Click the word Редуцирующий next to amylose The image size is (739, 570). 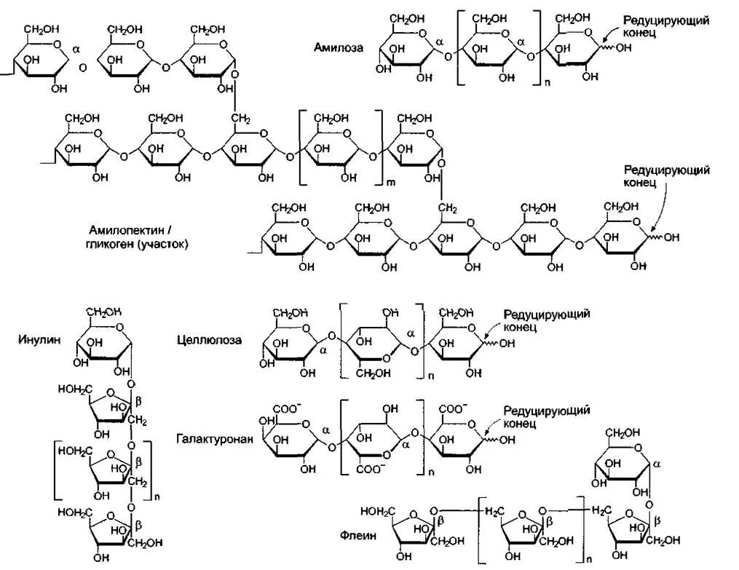663,21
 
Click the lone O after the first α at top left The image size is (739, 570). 82,67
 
